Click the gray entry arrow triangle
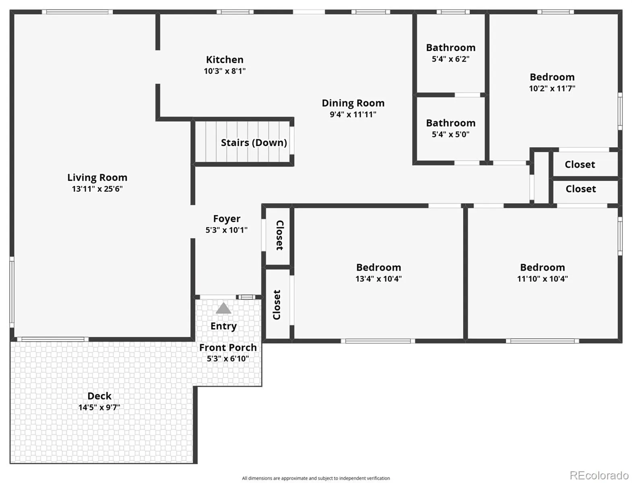[223, 308]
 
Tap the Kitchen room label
[225, 60]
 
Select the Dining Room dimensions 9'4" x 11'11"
[353, 114]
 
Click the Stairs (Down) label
[254, 142]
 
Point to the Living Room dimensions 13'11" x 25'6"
[97, 189]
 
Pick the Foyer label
[227, 219]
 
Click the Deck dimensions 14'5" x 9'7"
[99, 407]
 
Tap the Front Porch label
[228, 347]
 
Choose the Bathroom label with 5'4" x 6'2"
[450, 47]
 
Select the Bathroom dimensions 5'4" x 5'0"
[450, 134]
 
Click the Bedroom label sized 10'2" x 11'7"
[552, 77]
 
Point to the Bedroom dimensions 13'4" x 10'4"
[378, 279]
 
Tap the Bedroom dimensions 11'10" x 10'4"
[543, 279]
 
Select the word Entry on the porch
[223, 326]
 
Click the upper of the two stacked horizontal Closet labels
[580, 164]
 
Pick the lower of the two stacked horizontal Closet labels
[581, 189]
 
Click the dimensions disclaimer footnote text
[316, 479]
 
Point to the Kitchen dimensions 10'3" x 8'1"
[225, 71]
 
